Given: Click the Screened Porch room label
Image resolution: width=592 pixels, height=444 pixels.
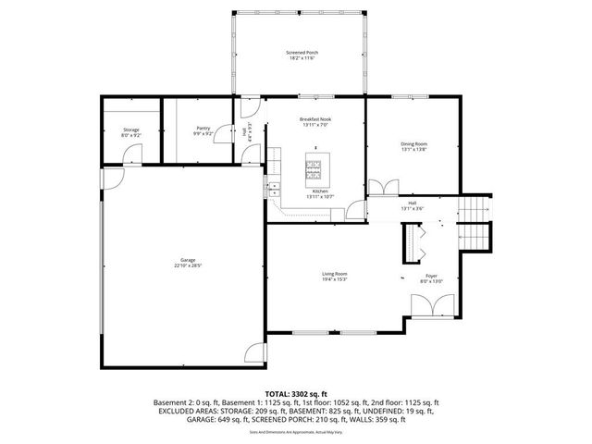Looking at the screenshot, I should tap(302, 53).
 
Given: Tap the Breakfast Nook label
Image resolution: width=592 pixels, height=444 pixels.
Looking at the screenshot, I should tap(314, 119).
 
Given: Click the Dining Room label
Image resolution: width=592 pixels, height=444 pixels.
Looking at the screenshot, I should tap(413, 143).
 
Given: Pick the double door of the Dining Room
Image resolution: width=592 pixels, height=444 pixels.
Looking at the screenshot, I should tap(378, 188).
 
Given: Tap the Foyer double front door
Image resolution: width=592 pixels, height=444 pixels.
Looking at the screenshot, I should tap(430, 304).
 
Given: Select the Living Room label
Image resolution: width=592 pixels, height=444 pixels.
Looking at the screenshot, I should tap(334, 274).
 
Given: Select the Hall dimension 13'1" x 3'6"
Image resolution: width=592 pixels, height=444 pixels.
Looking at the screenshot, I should tap(412, 208).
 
